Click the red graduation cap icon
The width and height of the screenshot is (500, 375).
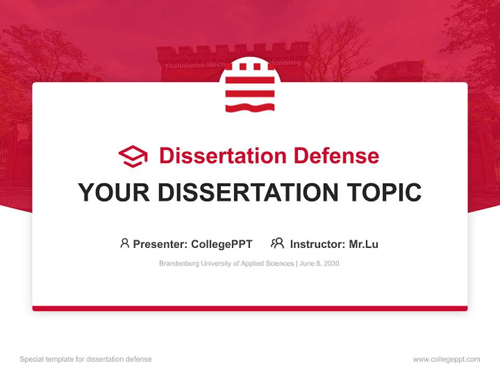133,156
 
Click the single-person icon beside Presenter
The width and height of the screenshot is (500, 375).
124,243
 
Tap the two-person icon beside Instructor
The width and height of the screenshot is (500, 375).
278,243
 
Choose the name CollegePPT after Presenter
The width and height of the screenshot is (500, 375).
222,244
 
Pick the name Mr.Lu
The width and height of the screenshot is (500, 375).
364,244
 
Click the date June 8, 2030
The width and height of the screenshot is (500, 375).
319,264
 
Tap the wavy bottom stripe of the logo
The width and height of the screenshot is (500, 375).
249,108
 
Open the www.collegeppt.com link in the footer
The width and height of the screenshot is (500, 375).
446,359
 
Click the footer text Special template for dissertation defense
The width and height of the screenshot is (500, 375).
86,359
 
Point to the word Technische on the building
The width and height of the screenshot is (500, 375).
183,66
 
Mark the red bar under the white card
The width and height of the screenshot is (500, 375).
249,308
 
